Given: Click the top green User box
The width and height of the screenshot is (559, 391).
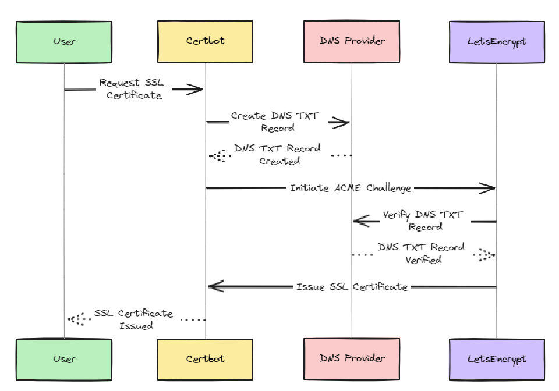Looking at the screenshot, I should (64, 42).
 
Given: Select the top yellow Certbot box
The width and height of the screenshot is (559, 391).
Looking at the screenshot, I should (205, 42).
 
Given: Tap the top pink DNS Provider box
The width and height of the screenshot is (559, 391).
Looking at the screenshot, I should (352, 42).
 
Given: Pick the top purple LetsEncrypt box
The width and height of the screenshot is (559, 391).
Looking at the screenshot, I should (497, 42).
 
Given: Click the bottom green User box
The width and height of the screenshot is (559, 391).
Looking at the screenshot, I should (64, 359).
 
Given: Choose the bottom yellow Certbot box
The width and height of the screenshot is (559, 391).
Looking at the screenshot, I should (205, 359).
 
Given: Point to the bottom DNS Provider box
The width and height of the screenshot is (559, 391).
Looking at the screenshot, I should (352, 359).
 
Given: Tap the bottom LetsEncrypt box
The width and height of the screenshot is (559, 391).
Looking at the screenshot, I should (497, 359).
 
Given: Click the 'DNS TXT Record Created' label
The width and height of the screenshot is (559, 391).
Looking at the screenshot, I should (278, 155).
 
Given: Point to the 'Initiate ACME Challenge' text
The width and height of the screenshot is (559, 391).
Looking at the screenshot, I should (351, 188).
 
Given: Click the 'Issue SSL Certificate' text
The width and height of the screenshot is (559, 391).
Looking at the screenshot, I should (352, 287).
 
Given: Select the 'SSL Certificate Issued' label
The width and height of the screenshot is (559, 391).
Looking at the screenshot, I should (135, 319).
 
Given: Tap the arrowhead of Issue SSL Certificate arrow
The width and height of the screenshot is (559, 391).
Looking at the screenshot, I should (214, 286).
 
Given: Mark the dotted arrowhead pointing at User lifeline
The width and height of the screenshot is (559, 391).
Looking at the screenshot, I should (74, 319).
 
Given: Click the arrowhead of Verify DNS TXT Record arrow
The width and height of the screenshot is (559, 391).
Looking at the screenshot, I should (359, 221).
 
